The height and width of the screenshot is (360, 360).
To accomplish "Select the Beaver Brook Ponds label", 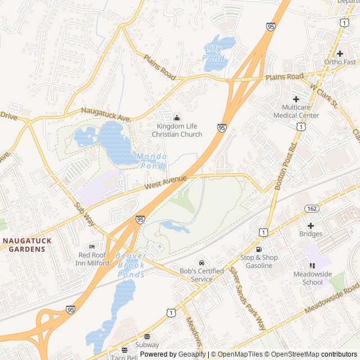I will (x=131, y=264).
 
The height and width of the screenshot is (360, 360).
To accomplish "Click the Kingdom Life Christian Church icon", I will (x=177, y=118).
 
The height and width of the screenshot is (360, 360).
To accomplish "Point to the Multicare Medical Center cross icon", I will (x=296, y=98).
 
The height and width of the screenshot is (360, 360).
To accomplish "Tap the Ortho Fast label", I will (x=340, y=62).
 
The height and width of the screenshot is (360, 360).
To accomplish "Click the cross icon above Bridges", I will (x=310, y=225).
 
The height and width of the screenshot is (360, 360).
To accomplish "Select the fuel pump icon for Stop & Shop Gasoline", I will (x=259, y=249).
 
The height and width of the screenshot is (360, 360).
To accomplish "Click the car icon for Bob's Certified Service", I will (x=201, y=263).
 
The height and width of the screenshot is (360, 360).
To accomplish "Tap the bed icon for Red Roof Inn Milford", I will (x=92, y=247).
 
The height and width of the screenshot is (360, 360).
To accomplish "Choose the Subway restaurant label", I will (x=147, y=344).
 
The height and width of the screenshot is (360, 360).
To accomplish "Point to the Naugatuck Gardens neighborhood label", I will (x=28, y=244).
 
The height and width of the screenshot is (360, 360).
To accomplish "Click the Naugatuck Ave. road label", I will (x=106, y=115).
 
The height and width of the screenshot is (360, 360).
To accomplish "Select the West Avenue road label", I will (x=165, y=182).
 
